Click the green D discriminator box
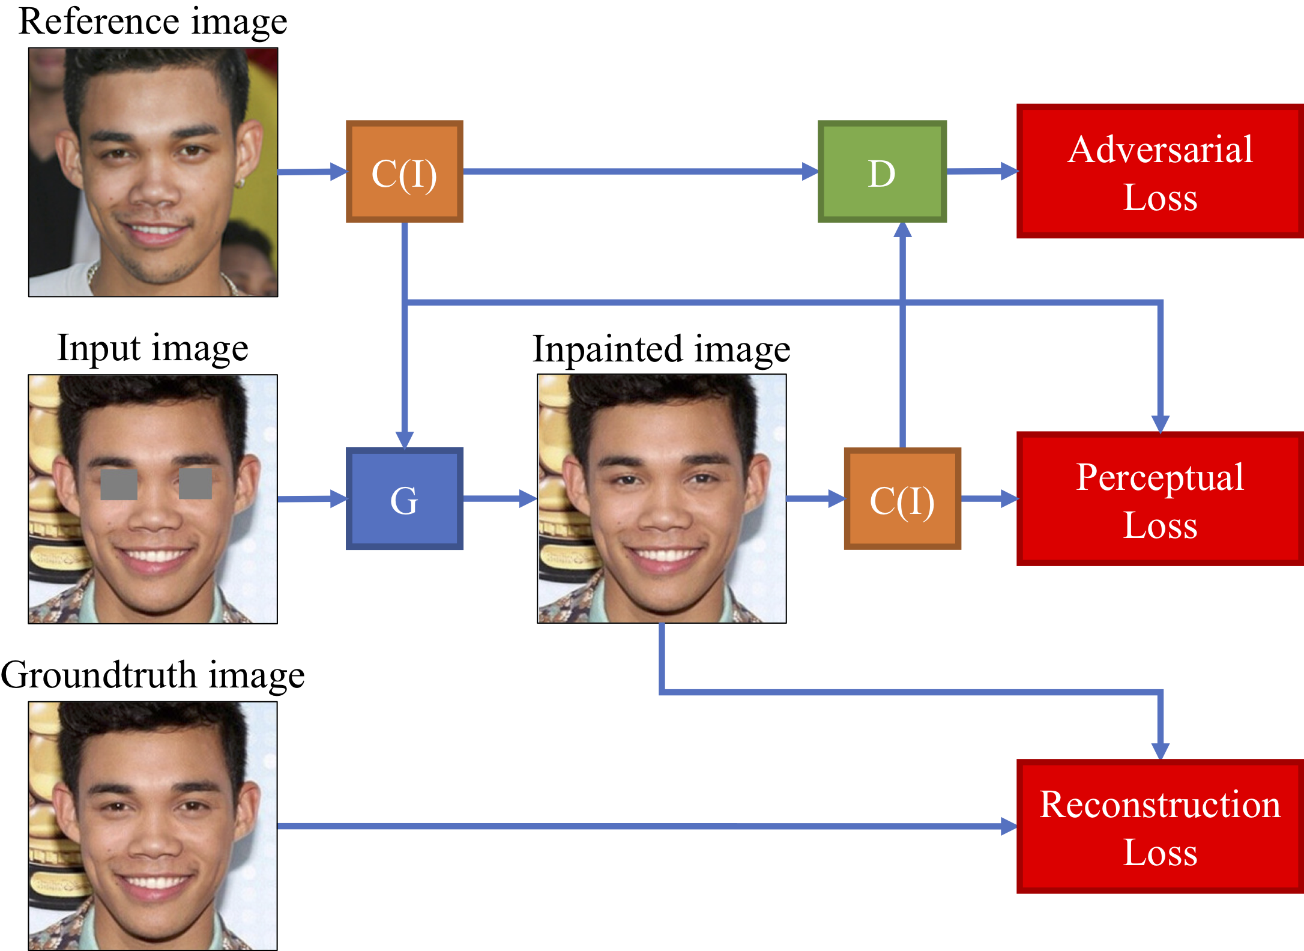coord(881,172)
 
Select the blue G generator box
coord(404,498)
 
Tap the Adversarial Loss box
coord(1159,172)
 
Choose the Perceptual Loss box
coord(1159,499)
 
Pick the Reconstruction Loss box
coord(1159,826)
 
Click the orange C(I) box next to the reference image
coord(404,172)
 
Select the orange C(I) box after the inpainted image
coord(902,498)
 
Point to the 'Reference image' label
coord(153,22)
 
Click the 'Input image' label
coord(152,348)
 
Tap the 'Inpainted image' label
coord(661,349)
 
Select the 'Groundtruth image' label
coord(152,675)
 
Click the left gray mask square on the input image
coord(119,484)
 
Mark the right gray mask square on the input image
coord(196,484)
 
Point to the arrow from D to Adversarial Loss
coord(982,171)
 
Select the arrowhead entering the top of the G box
coord(405,439)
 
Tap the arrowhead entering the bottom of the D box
coord(902,230)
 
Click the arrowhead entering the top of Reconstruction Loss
coord(1160,750)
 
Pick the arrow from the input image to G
coord(312,499)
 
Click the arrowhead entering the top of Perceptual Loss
coord(1160,424)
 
